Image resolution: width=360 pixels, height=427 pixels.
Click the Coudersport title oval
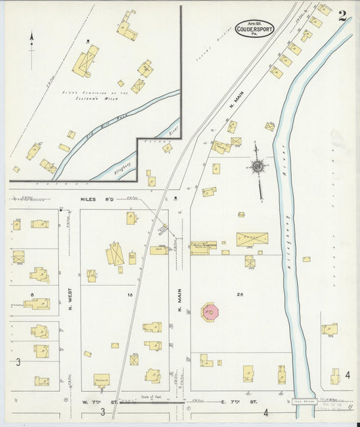coord(255,28)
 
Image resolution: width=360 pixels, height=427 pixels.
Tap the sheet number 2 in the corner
coord(343,16)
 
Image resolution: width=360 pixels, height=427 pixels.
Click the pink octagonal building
coord(209,312)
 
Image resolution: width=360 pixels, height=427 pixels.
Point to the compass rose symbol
coord(257,166)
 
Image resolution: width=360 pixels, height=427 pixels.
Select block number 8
coord(32,295)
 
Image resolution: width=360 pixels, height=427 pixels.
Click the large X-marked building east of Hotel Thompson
coord(252,239)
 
